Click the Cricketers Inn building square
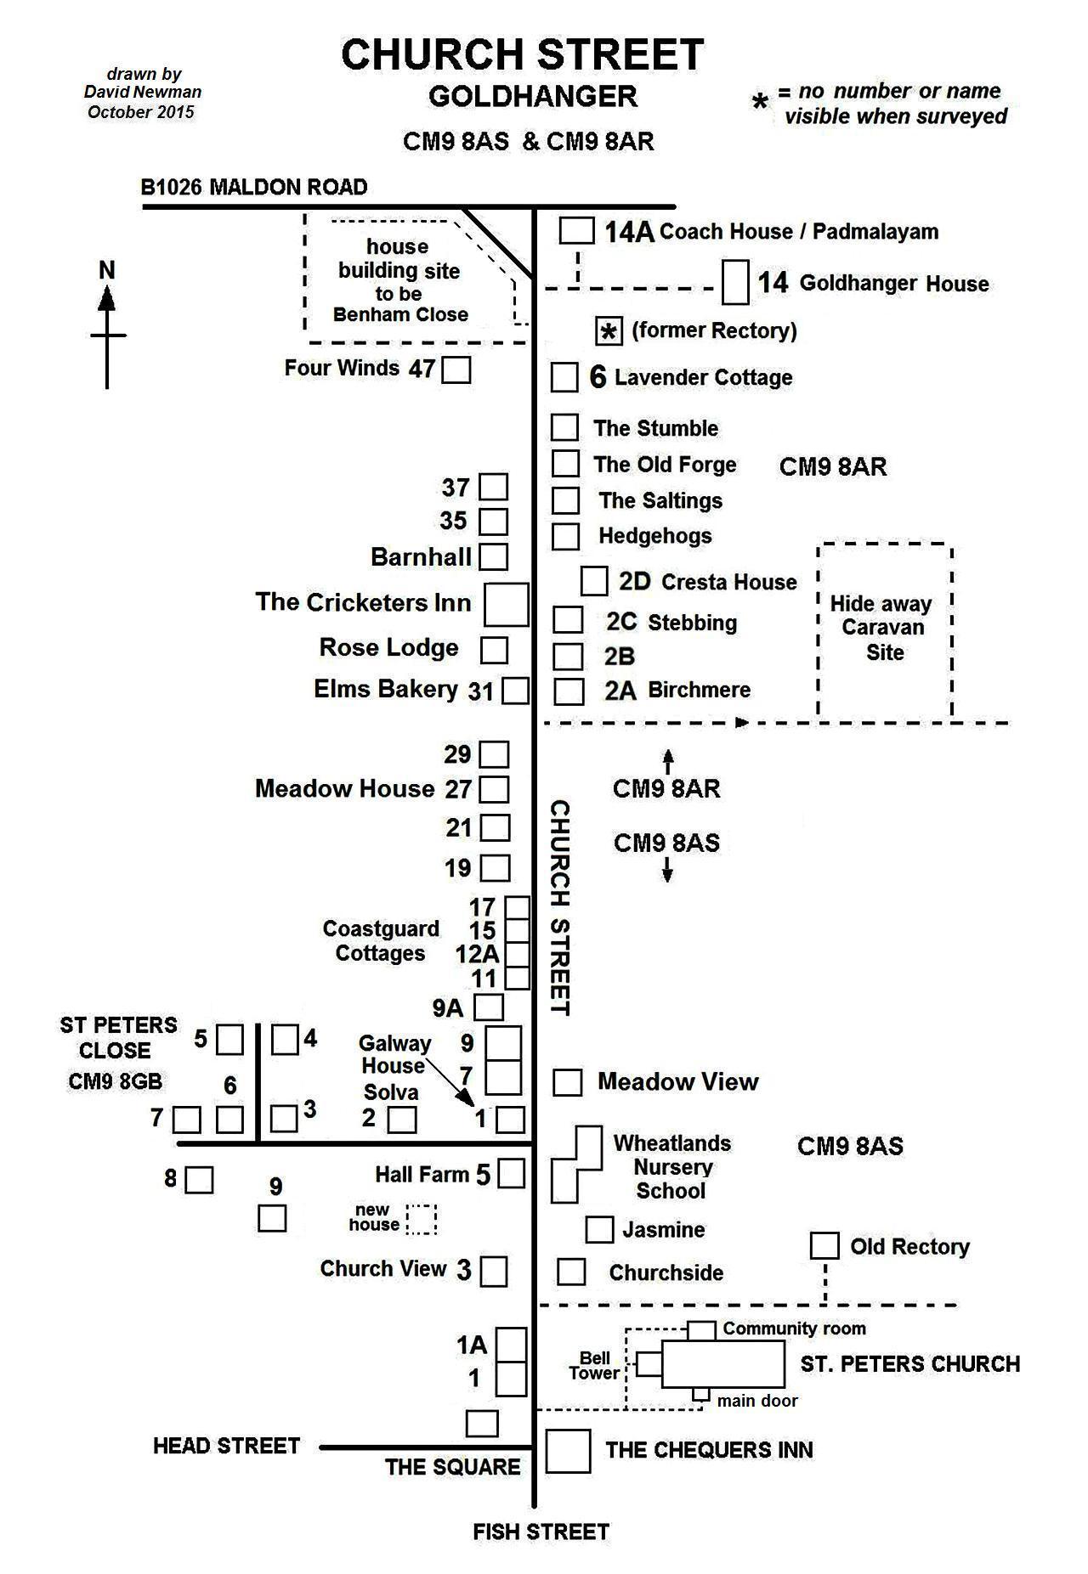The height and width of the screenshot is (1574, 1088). click(506, 604)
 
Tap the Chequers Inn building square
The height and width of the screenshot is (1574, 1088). click(567, 1451)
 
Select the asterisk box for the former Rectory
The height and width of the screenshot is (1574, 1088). click(609, 331)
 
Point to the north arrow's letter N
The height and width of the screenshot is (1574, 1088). click(107, 270)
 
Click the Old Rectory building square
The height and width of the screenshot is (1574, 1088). click(824, 1245)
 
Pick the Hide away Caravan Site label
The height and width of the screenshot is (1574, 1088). click(881, 628)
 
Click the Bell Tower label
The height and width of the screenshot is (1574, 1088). click(594, 1366)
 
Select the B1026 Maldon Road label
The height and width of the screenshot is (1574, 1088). click(254, 187)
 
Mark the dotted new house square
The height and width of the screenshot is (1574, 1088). click(421, 1219)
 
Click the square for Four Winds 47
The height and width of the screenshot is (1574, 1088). click(456, 370)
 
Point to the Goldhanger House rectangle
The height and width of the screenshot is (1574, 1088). click(734, 282)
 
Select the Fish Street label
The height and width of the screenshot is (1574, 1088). click(541, 1532)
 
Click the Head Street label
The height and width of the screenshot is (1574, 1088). click(226, 1446)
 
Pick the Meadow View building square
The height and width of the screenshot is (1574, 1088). click(567, 1082)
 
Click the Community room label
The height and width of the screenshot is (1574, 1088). click(794, 1329)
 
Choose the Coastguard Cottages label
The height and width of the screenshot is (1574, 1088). click(380, 940)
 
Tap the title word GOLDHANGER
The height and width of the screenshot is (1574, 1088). click(532, 97)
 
